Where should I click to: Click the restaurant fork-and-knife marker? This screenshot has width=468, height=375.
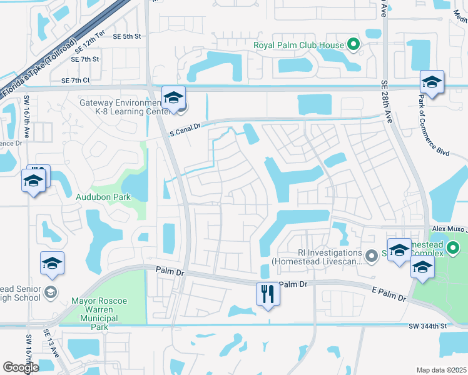point(268,294)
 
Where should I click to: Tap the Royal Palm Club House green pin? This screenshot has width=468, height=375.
point(354,44)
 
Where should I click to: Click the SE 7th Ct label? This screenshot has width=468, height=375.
point(76,80)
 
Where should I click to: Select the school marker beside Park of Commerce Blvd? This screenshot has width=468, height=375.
point(432,81)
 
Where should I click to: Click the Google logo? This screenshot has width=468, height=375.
point(21,367)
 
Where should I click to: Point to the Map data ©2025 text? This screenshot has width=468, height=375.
point(440,370)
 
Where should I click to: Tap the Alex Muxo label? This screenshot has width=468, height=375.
point(450,230)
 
